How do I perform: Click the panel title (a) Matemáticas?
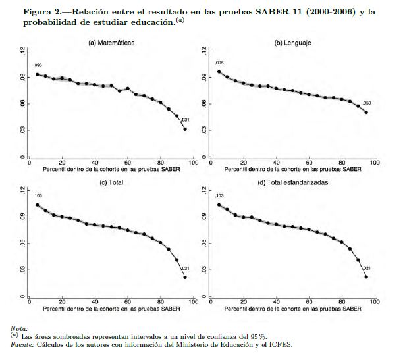(x=111, y=43)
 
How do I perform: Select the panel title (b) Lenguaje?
(x=293, y=43)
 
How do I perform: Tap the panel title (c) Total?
(x=111, y=182)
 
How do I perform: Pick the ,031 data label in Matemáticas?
(x=185, y=120)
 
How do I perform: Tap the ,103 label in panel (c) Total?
(x=38, y=196)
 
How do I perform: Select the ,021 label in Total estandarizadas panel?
(x=367, y=268)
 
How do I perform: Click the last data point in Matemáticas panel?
(x=185, y=129)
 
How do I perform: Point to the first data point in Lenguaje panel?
(x=219, y=72)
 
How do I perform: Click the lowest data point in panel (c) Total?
(x=185, y=277)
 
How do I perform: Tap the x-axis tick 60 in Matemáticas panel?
(x=128, y=163)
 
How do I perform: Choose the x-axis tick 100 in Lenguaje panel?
(x=375, y=163)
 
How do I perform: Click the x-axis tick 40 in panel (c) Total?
(x=95, y=302)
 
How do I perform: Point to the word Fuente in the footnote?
(x=24, y=344)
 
